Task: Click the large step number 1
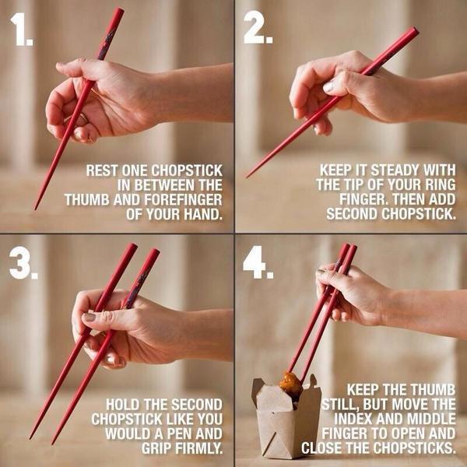21,30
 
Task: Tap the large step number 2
258,30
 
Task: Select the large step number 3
23,263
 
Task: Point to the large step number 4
258,262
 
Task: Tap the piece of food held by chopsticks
290,386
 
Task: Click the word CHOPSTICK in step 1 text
187,170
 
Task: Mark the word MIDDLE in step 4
431,419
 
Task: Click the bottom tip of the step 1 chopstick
35,209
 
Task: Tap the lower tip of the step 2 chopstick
247,177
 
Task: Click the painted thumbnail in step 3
89,317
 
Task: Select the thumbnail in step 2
329,86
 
